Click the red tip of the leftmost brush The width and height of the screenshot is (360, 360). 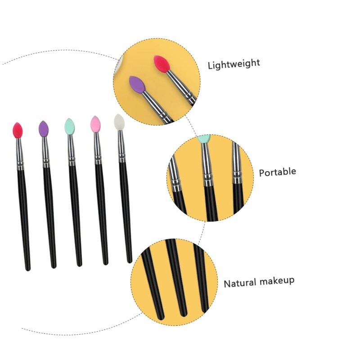[x=18, y=130]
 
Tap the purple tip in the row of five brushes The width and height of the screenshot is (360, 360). [x=43, y=129]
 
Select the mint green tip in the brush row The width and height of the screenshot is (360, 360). [x=69, y=126]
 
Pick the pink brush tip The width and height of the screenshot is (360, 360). [x=95, y=124]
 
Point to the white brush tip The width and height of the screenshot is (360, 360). [x=119, y=122]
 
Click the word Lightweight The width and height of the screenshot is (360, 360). [x=234, y=63]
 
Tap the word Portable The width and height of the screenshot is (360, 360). [x=277, y=172]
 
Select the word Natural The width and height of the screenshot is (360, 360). [x=240, y=283]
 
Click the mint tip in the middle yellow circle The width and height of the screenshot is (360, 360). [x=205, y=139]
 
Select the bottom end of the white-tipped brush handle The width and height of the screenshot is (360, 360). [x=130, y=260]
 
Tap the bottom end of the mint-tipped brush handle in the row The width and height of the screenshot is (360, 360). [x=80, y=263]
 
